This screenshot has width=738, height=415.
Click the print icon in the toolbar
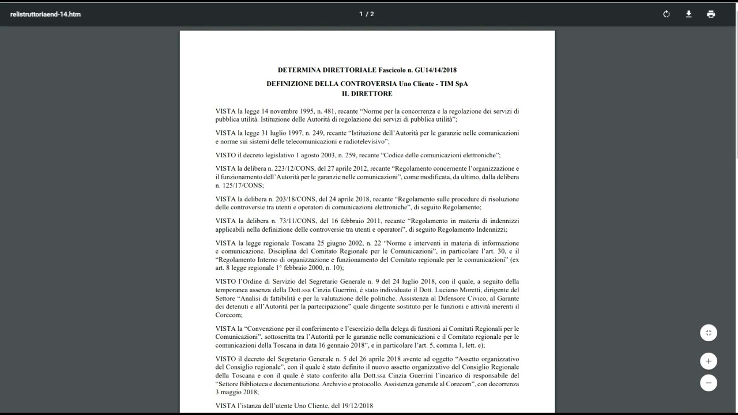pyautogui.click(x=711, y=14)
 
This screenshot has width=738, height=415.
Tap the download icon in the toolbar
pyautogui.click(x=688, y=14)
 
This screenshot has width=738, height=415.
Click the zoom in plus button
pyautogui.click(x=709, y=361)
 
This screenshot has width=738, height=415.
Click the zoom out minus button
pyautogui.click(x=709, y=383)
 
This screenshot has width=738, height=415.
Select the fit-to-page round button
pyautogui.click(x=709, y=333)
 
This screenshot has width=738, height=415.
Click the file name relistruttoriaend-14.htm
pyautogui.click(x=46, y=14)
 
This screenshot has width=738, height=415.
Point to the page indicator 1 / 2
pyautogui.click(x=367, y=14)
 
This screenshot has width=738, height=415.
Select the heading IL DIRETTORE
pyautogui.click(x=367, y=93)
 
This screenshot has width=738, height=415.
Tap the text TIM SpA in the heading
pyautogui.click(x=454, y=84)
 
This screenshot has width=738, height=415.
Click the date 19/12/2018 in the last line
pyautogui.click(x=357, y=406)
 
